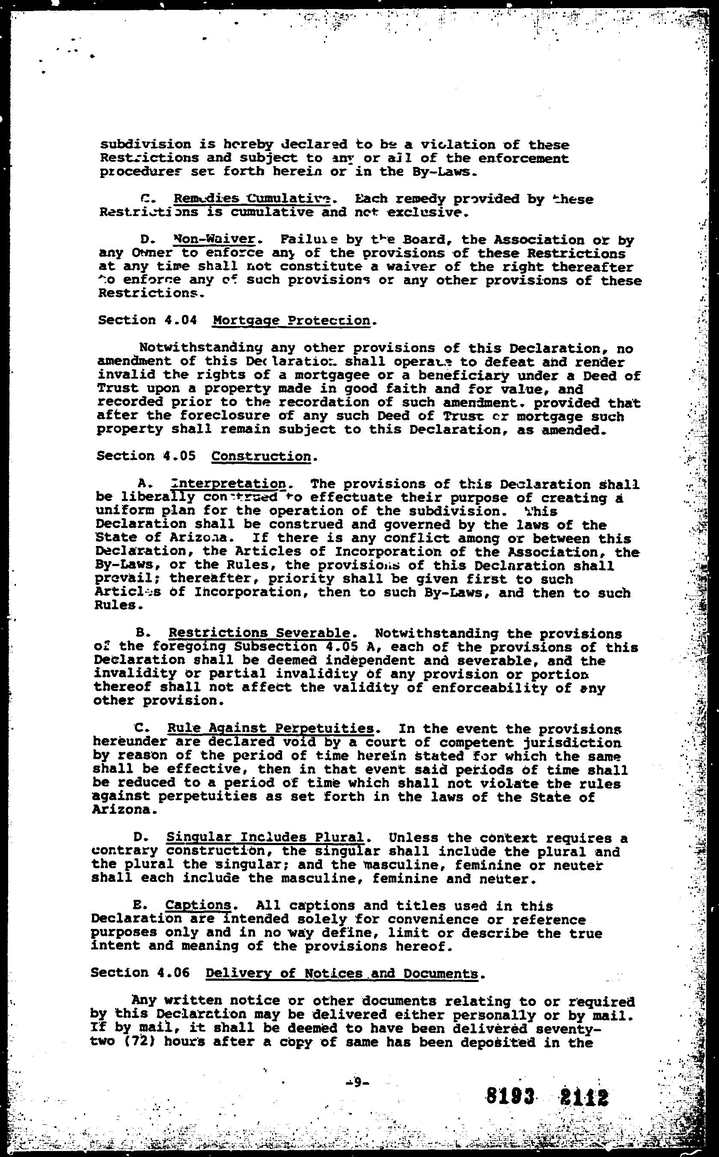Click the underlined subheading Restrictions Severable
click(x=260, y=634)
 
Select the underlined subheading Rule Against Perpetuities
click(x=270, y=729)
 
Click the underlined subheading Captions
click(x=198, y=905)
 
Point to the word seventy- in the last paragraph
click(x=560, y=1028)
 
